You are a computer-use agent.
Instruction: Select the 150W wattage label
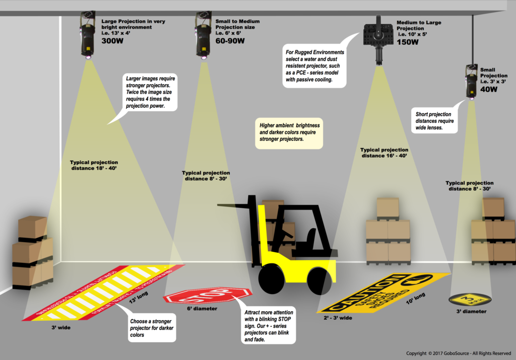click(x=408, y=42)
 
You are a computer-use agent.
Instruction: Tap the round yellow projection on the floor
click(x=470, y=300)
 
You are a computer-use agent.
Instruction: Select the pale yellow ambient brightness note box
click(x=289, y=132)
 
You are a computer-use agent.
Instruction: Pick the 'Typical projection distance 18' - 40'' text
click(x=94, y=165)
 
